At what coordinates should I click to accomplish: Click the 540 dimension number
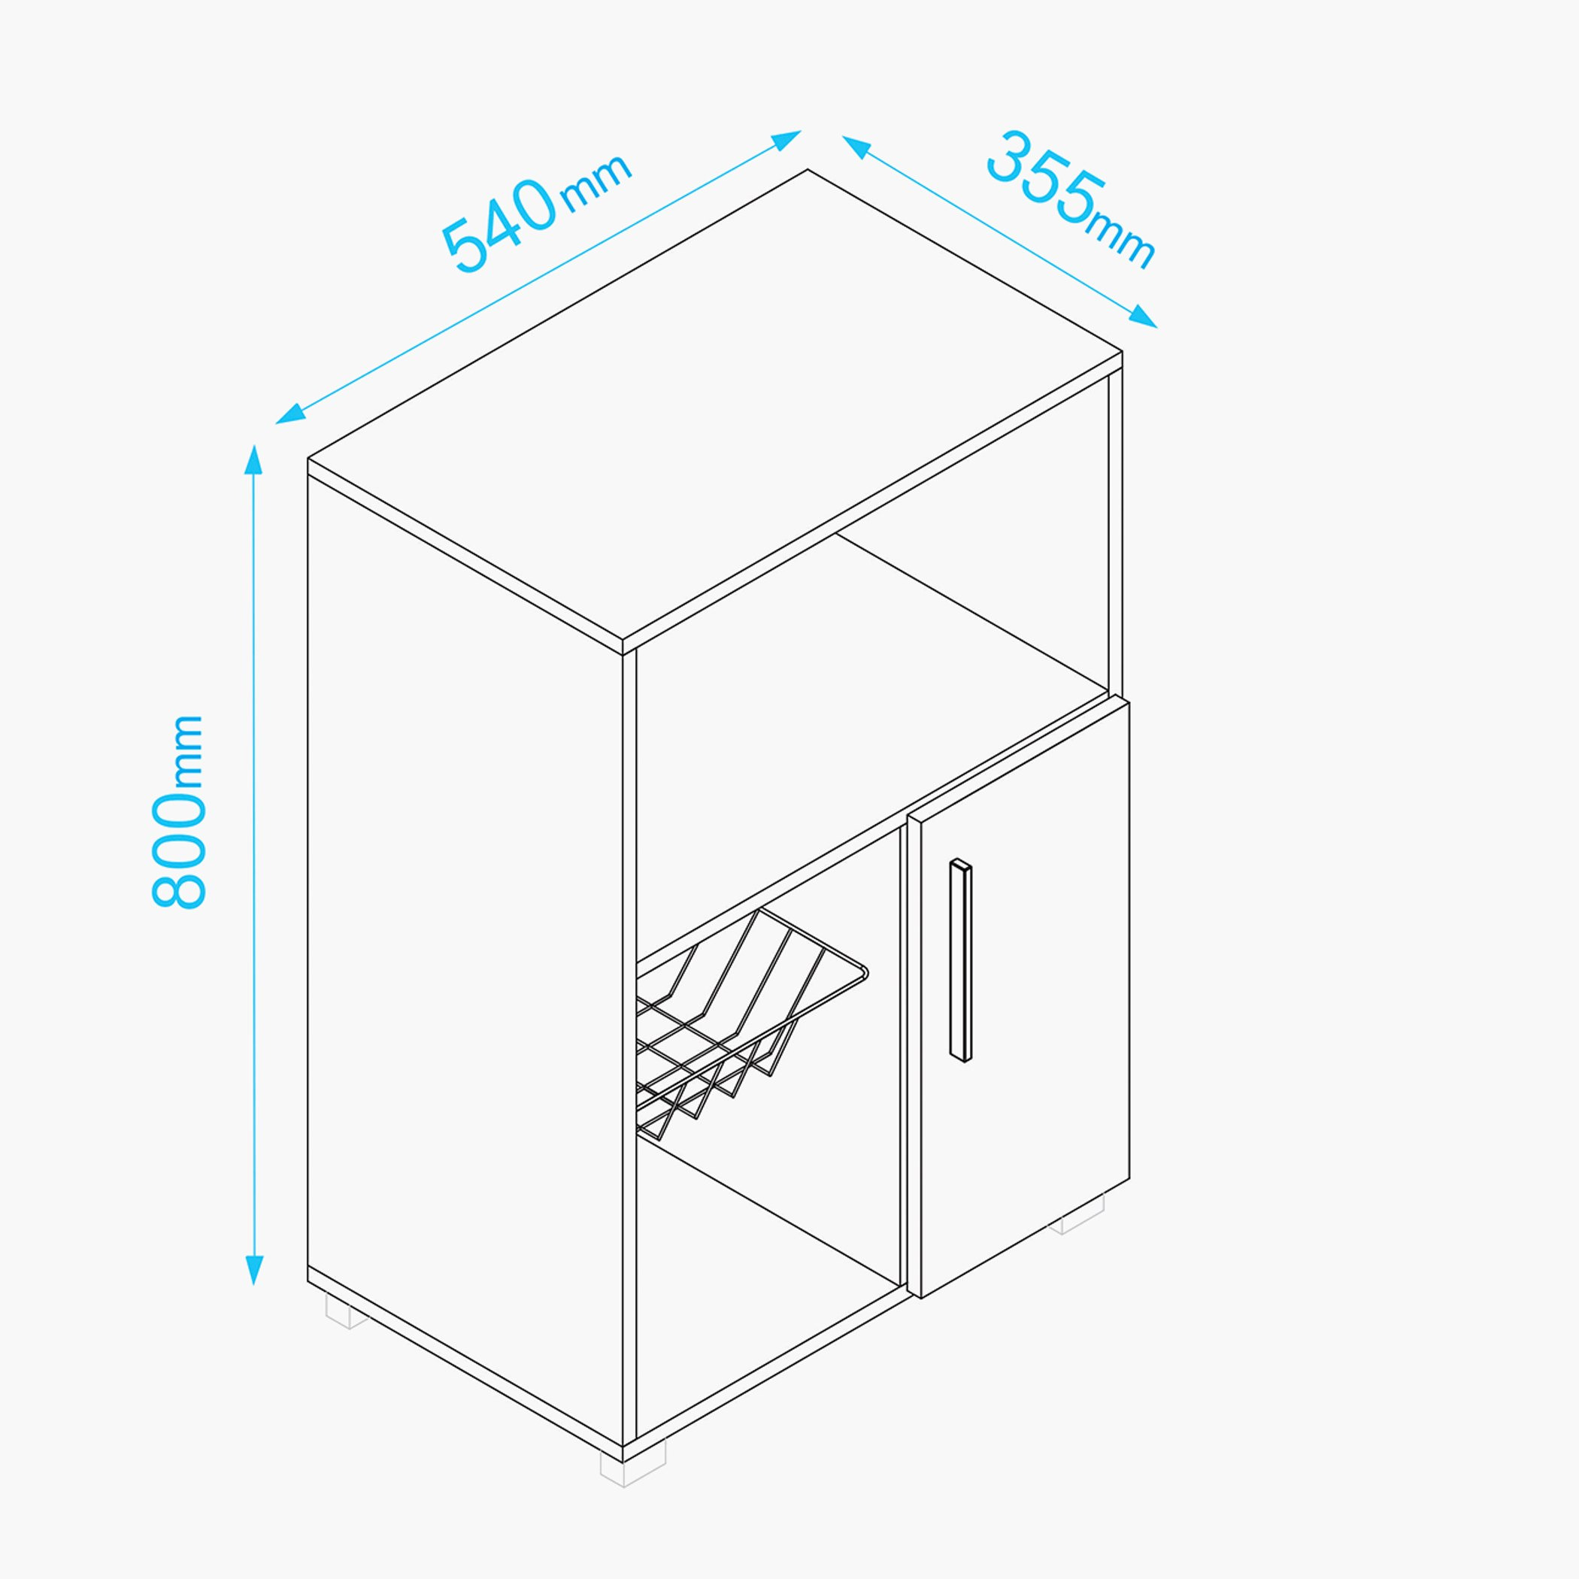point(499,224)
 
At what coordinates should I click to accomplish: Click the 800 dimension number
point(178,849)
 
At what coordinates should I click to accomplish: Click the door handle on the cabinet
point(961,960)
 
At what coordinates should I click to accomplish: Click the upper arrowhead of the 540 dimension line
point(786,140)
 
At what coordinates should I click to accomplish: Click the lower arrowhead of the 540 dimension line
point(290,414)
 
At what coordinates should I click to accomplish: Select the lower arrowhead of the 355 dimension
point(1143,317)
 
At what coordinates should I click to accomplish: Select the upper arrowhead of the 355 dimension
point(856,147)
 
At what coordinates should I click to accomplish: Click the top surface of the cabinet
point(715,405)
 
